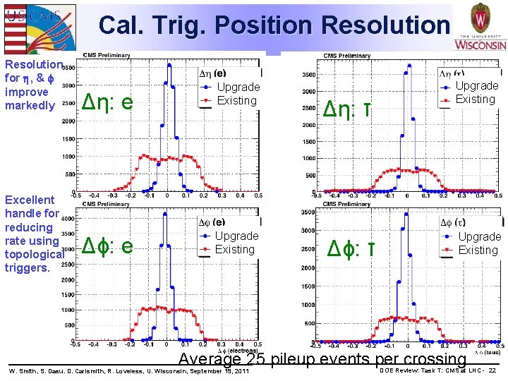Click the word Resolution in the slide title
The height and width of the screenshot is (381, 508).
coord(385,25)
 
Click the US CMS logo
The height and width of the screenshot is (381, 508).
coord(38,25)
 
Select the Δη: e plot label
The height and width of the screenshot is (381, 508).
coord(108,103)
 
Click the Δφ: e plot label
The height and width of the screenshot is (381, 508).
coord(108,246)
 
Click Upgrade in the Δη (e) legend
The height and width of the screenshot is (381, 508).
coord(238,87)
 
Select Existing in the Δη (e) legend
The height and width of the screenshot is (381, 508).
coord(236,100)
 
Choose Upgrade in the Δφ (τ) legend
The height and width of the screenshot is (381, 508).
coord(479,236)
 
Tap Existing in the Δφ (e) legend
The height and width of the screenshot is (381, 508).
coord(234,249)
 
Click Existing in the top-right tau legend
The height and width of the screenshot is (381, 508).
coord(475,99)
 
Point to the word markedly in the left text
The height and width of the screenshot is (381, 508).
coord(30,106)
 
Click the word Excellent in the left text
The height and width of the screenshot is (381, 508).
coord(30,200)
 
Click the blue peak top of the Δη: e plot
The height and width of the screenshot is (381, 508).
coord(169,65)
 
